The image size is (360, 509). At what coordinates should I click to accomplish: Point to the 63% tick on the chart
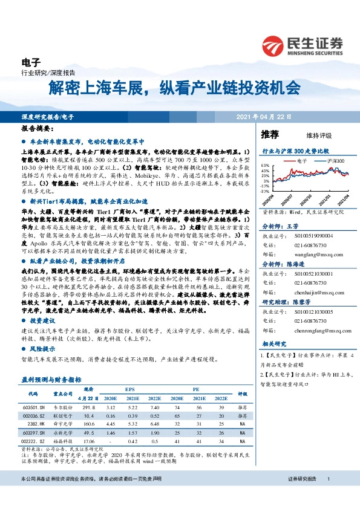(x=265, y=165)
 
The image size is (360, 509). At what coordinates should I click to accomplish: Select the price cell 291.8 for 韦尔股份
(x=90, y=408)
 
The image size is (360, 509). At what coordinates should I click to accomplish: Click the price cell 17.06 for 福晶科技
(x=89, y=442)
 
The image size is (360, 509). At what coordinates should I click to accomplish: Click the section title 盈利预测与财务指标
(x=51, y=380)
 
